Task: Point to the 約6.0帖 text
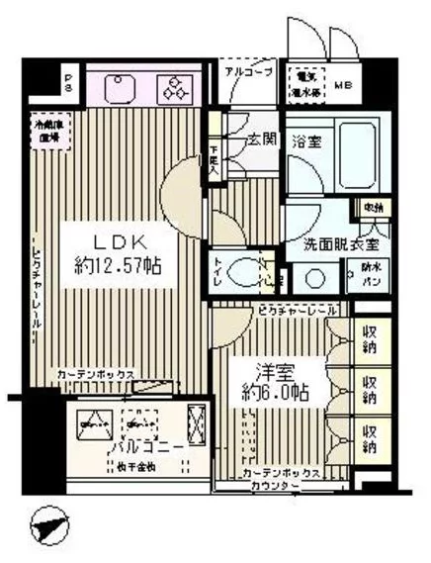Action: [271, 393]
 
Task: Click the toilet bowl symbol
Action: [240, 269]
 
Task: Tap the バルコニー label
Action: [154, 448]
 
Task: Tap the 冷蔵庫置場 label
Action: [44, 132]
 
